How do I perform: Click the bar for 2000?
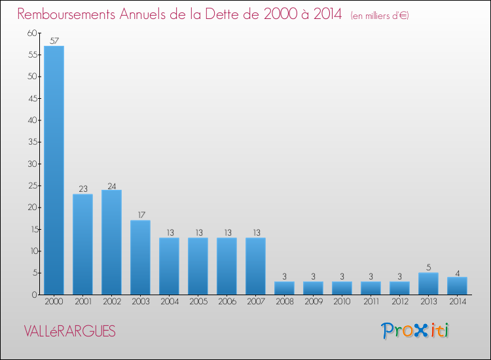pos(54,170)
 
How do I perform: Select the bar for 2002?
pos(111,242)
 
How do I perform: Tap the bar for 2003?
pos(140,257)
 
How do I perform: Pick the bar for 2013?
pos(428,283)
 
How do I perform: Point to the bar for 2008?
pos(284,288)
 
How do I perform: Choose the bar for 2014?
pos(457,286)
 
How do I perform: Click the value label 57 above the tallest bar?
pos(54,41)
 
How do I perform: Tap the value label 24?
pos(111,185)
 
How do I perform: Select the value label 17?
pos(140,215)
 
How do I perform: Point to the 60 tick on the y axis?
pos(32,33)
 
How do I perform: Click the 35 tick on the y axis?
pos(32,142)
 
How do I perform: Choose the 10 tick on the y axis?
pos(32,251)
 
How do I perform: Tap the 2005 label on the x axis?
pos(198,302)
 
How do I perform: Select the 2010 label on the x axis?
pos(342,302)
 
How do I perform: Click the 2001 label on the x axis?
pos(82,302)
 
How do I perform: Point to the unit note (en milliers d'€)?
pos(380,15)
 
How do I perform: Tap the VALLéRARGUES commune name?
pos(69,332)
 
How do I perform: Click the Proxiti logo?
pos(415,331)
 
